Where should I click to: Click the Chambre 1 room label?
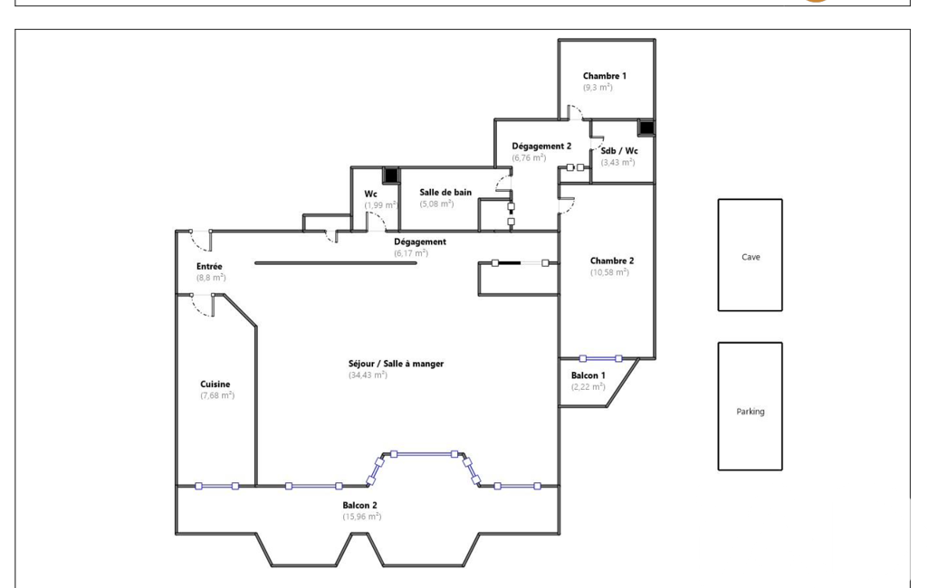coord(604,76)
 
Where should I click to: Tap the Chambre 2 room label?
coord(612,261)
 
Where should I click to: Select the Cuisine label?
coord(215,384)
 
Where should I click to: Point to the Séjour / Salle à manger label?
coord(396,364)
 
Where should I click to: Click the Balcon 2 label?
coord(359,505)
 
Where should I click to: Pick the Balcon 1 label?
coord(588,375)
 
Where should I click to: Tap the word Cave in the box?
coord(751,257)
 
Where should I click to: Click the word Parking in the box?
coord(751,412)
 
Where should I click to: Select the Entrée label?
coord(209,267)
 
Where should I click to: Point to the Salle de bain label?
coord(445,193)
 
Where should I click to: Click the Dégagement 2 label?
coord(541,147)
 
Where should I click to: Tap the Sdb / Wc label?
coord(619,151)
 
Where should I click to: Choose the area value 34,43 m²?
coord(368,375)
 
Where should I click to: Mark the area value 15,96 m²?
coord(361,517)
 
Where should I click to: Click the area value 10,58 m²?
coord(609,272)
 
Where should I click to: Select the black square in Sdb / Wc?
coord(646,128)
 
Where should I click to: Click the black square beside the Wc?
coord(390,175)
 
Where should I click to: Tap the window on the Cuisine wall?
coord(216,487)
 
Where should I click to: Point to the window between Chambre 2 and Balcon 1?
coord(601,358)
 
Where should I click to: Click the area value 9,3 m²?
coord(598,88)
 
